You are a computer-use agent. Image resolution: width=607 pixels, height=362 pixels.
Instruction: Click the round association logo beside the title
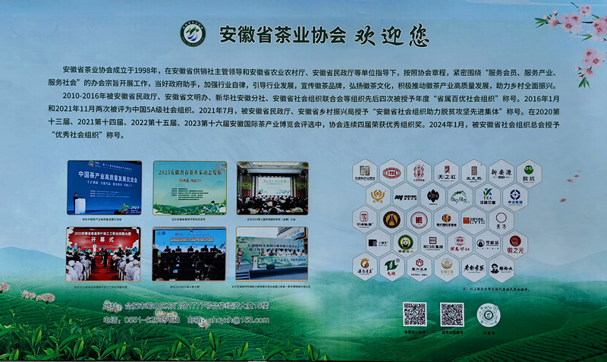[x=192, y=33]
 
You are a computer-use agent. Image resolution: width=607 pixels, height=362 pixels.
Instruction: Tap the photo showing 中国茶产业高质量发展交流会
[x=104, y=187]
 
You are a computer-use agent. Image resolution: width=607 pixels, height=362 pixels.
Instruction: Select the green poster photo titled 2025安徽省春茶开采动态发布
[x=190, y=187]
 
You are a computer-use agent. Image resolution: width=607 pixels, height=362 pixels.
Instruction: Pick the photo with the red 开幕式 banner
[x=103, y=253]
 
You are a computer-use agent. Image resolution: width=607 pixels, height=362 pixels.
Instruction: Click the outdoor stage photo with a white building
[x=271, y=253]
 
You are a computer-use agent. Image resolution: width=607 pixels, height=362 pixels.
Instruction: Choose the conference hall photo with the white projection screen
[x=272, y=187]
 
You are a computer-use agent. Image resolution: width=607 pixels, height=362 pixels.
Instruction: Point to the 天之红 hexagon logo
[x=445, y=172]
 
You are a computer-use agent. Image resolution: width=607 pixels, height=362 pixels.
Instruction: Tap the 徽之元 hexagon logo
[x=514, y=244]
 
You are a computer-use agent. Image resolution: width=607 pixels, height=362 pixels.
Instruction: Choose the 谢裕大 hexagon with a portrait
[x=501, y=267]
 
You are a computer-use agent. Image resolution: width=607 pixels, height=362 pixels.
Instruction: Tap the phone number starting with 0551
[x=143, y=320]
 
